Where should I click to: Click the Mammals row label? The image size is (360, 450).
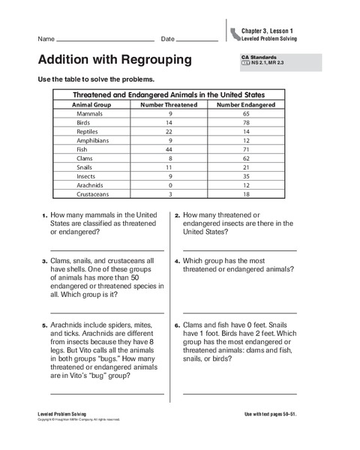(90, 113)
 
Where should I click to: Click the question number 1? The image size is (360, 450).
(44, 215)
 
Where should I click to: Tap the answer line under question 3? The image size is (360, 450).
(106, 312)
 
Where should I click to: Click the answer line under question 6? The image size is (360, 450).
(239, 392)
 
